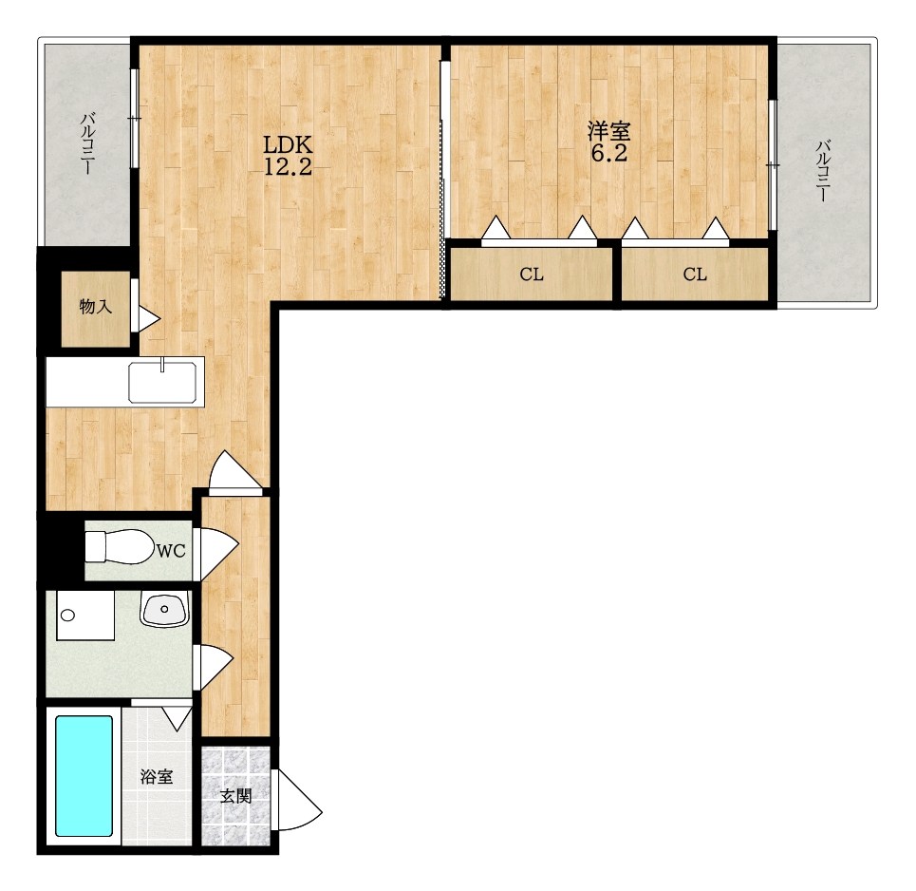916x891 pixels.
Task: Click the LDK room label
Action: pyautogui.click(x=288, y=143)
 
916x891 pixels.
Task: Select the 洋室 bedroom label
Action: pyautogui.click(x=608, y=131)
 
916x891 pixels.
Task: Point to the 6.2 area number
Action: pyautogui.click(x=608, y=153)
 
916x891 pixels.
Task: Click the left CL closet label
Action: pyautogui.click(x=531, y=274)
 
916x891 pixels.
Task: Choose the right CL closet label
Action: pyautogui.click(x=695, y=274)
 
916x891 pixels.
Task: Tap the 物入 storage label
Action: pyautogui.click(x=95, y=306)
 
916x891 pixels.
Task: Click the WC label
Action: pyautogui.click(x=171, y=550)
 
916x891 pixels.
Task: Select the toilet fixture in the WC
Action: pyautogui.click(x=117, y=547)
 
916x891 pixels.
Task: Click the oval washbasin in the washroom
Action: pyautogui.click(x=164, y=609)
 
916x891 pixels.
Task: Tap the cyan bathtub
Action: pyautogui.click(x=84, y=776)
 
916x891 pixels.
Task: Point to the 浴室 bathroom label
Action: pyautogui.click(x=157, y=776)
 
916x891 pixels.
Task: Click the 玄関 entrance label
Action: pyautogui.click(x=235, y=795)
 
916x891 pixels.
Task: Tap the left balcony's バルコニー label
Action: pyautogui.click(x=87, y=143)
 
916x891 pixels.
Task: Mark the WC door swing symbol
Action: pyautogui.click(x=219, y=554)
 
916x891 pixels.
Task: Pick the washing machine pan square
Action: pyautogui.click(x=85, y=615)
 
